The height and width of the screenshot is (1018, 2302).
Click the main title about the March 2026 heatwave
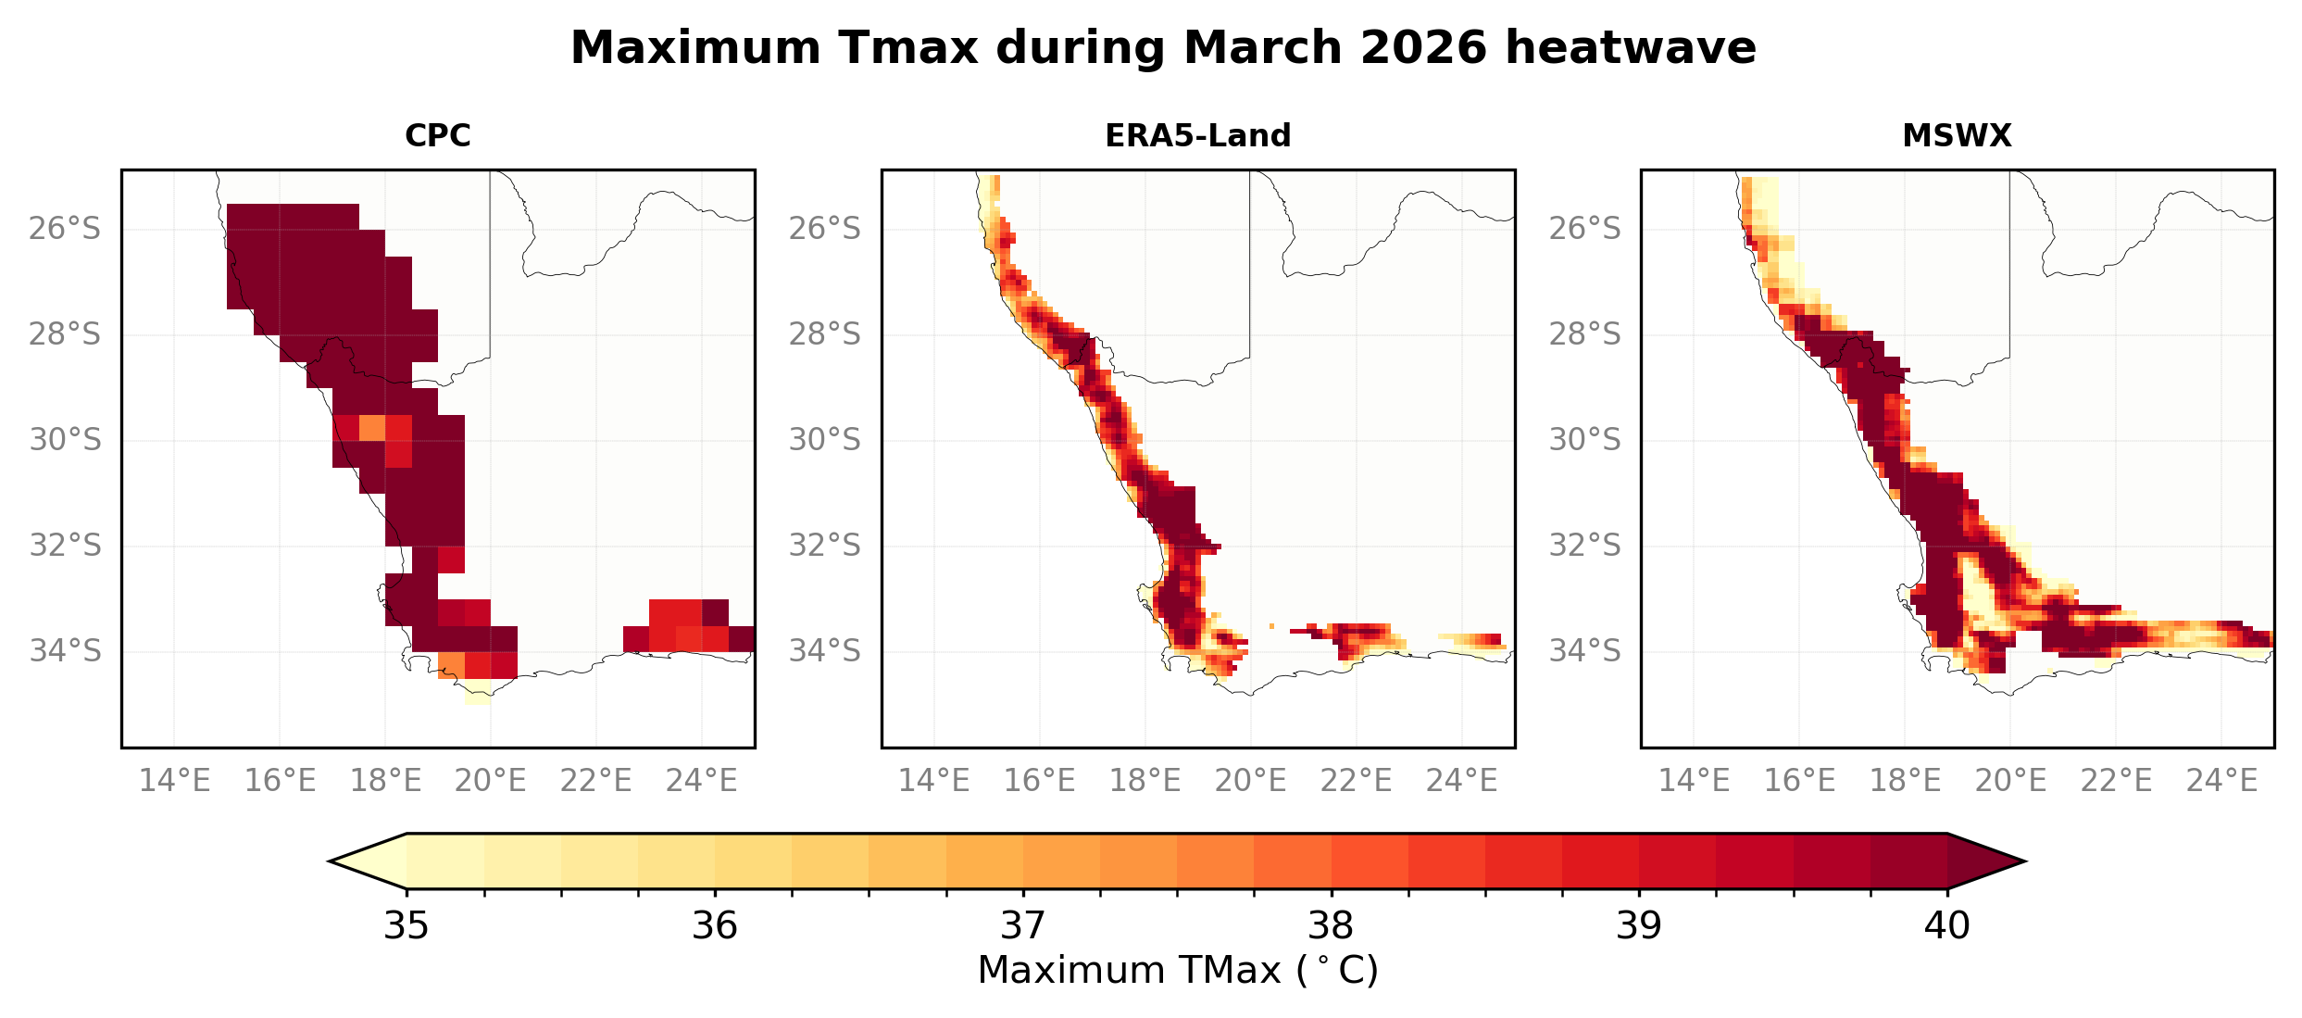1162,48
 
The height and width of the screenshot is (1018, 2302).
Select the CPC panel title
438,136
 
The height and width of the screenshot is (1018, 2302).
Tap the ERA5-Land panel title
1197,136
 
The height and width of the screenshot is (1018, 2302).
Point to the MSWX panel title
1957,136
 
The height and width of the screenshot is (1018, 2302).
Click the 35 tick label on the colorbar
407,925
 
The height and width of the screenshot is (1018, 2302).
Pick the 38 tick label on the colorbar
1331,925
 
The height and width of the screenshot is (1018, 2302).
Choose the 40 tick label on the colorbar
1946,925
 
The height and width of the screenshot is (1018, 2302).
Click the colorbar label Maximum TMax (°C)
1177,971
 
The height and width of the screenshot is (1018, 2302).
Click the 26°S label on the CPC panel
65,228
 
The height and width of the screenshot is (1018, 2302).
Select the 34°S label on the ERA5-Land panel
824,651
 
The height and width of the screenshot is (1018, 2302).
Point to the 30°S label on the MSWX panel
1584,439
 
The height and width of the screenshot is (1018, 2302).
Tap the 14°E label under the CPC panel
174,781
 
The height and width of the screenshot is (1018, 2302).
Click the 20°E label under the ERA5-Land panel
1250,781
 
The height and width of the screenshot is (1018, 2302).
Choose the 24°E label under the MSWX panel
2221,781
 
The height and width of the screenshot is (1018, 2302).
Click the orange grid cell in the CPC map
372,428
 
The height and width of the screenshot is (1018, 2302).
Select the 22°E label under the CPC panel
595,781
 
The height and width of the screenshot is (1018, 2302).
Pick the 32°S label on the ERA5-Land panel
824,546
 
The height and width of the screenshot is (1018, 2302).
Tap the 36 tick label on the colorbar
714,925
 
